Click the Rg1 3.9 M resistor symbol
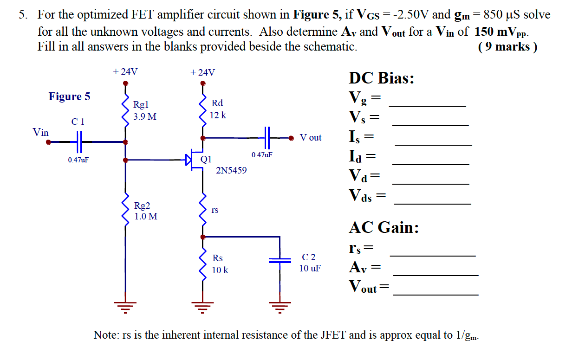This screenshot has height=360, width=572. pyautogui.click(x=125, y=109)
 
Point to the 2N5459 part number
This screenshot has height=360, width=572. pyautogui.click(x=231, y=171)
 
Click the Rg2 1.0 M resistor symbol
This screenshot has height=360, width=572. pyautogui.click(x=125, y=208)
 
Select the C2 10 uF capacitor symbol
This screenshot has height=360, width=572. pyautogui.click(x=279, y=261)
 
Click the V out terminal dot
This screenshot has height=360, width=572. pyautogui.click(x=291, y=138)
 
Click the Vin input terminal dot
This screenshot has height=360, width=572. pyautogui.click(x=48, y=142)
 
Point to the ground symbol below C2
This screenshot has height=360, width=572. pyautogui.click(x=279, y=306)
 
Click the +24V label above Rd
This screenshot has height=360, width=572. pyautogui.click(x=202, y=72)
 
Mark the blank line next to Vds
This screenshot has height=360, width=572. pyautogui.click(x=432, y=204)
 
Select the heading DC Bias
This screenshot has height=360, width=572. pyautogui.click(x=381, y=78)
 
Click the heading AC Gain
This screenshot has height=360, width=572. pyautogui.click(x=383, y=227)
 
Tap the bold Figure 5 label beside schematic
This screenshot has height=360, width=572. pyautogui.click(x=70, y=96)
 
